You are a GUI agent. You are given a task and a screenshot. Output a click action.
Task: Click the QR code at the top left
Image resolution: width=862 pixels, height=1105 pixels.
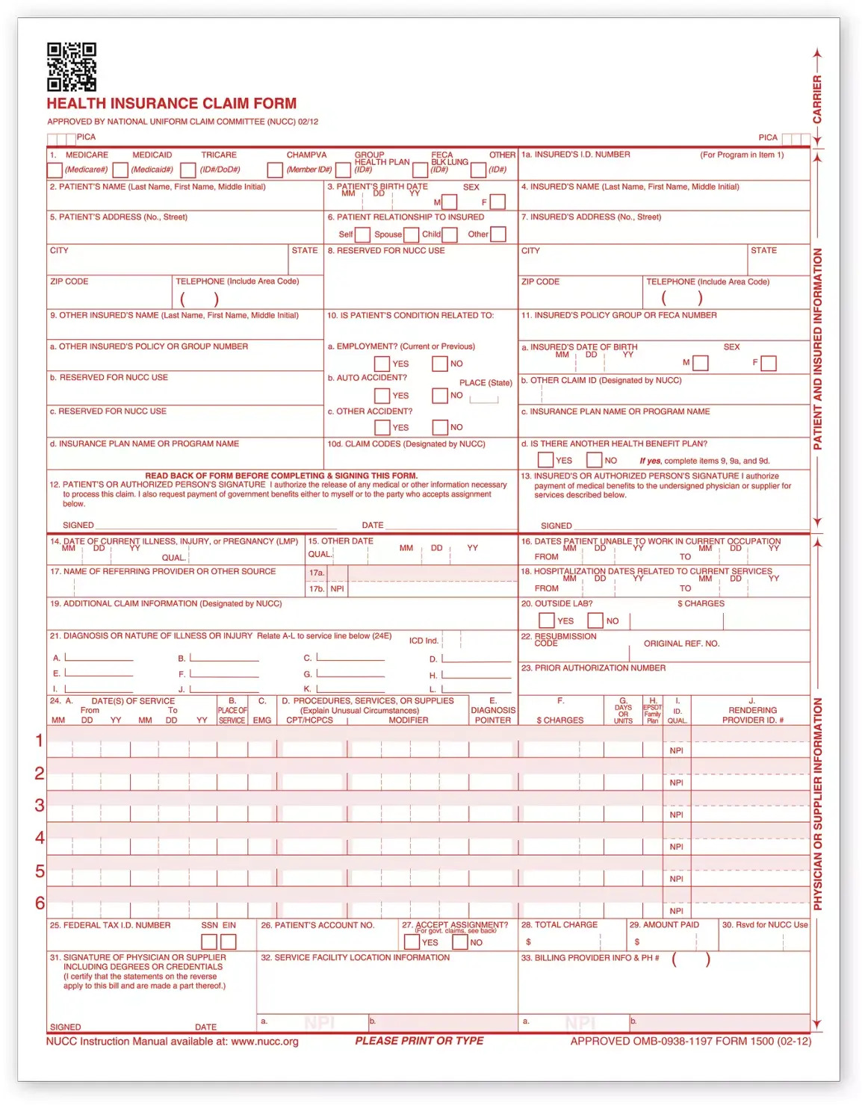(72, 67)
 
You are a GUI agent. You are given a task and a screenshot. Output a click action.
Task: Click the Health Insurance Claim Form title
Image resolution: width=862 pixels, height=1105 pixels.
(172, 104)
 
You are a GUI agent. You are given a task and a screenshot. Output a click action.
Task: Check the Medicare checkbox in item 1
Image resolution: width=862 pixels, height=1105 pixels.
(55, 170)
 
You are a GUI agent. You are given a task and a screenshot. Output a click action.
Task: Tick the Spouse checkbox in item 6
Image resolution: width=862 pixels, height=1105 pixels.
(411, 234)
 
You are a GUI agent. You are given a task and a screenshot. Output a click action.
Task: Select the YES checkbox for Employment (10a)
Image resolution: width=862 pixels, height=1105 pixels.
(382, 364)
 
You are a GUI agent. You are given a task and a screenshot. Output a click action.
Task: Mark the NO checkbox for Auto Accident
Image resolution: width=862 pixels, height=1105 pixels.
(440, 396)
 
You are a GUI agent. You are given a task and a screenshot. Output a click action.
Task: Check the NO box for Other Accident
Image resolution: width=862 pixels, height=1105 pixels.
(440, 427)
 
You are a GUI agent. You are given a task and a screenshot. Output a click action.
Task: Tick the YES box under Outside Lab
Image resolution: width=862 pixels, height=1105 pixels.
(547, 620)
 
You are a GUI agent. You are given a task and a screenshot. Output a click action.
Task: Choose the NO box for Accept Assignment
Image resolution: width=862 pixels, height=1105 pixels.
(460, 942)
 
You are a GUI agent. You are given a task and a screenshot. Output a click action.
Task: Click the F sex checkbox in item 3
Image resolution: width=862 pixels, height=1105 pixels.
(497, 202)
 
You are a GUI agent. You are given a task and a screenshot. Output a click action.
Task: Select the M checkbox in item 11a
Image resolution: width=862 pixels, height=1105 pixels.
(700, 363)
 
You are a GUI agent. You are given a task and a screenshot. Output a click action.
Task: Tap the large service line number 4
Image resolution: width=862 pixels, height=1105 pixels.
(40, 838)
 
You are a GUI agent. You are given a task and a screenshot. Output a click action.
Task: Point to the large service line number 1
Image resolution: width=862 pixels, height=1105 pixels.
(40, 741)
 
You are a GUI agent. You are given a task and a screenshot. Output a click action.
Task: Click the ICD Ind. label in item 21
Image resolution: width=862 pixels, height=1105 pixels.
(424, 641)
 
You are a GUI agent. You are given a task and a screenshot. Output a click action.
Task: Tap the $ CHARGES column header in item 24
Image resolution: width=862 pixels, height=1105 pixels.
(560, 720)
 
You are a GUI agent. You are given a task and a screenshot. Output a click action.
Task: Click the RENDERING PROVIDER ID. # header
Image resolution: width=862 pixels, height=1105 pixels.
(752, 715)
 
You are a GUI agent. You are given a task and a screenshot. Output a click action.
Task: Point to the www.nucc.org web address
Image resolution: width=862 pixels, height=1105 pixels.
(264, 1042)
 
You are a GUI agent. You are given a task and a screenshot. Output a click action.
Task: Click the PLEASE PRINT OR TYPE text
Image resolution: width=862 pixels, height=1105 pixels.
(419, 1041)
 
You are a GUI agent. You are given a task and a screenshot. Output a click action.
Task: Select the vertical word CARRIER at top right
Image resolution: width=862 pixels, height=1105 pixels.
(817, 99)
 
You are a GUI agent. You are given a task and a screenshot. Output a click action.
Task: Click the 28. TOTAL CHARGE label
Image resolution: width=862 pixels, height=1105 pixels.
(559, 925)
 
